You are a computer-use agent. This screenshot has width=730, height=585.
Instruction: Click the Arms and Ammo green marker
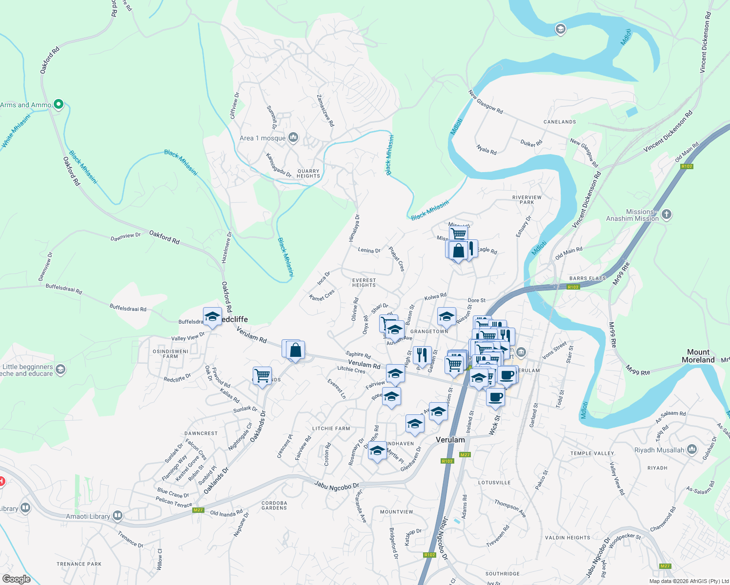pyautogui.click(x=59, y=104)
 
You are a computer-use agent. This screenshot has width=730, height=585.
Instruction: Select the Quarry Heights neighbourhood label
pyautogui.click(x=308, y=174)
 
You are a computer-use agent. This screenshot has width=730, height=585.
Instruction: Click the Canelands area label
pyautogui.click(x=560, y=122)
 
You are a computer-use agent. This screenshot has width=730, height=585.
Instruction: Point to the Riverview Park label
pyautogui.click(x=527, y=200)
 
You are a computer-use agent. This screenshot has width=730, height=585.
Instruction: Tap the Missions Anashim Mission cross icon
pyautogui.click(x=667, y=214)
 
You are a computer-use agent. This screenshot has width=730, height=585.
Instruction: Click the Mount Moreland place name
pyautogui.click(x=698, y=356)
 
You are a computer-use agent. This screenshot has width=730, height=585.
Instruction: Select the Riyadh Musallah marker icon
pyautogui.click(x=691, y=449)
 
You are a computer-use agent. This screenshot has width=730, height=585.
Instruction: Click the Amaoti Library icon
pyautogui.click(x=117, y=516)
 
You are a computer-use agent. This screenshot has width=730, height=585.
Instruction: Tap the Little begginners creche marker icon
pyautogui.click(x=60, y=369)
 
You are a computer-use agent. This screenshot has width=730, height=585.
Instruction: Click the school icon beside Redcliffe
pyautogui.click(x=212, y=317)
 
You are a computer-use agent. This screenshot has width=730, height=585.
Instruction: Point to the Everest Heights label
pyautogui.click(x=364, y=283)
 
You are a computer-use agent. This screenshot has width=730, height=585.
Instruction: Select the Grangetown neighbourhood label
pyautogui.click(x=429, y=331)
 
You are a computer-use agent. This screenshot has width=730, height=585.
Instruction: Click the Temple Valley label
pyautogui.click(x=592, y=453)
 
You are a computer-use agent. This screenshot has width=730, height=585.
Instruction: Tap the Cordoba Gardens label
pyautogui.click(x=274, y=506)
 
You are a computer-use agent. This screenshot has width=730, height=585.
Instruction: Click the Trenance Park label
pyautogui.click(x=79, y=564)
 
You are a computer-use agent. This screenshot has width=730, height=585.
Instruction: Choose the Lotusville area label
pyautogui.click(x=494, y=483)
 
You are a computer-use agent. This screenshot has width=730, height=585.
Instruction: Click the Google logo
pyautogui.click(x=17, y=579)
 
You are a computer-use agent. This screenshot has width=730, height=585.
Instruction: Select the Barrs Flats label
pyautogui.click(x=588, y=279)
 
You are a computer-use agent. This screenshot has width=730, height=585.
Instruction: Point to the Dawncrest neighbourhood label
pyautogui.click(x=201, y=433)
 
